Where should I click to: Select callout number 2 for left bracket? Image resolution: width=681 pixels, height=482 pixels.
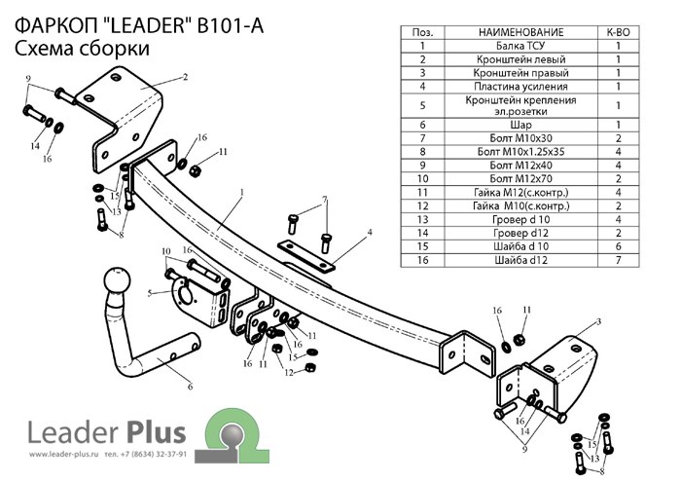(184, 76)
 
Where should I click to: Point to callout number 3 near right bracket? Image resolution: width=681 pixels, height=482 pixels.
(599, 321)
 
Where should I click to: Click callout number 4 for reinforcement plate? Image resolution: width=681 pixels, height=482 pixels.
(370, 232)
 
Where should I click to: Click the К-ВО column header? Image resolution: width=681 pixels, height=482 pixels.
(618, 32)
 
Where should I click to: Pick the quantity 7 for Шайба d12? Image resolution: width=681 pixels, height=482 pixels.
(618, 261)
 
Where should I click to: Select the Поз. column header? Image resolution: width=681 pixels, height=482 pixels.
(422, 32)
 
